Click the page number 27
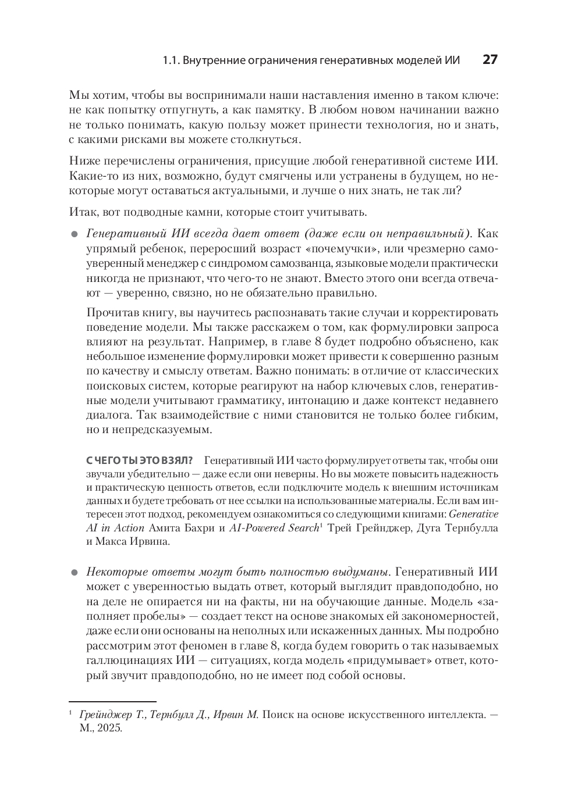pyautogui.click(x=490, y=60)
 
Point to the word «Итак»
pyautogui.click(x=81, y=212)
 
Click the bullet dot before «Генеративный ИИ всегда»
pyautogui.click(x=74, y=235)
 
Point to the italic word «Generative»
pyautogui.click(x=474, y=514)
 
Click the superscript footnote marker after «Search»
pyautogui.click(x=320, y=525)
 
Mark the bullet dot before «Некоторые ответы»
pyautogui.click(x=74, y=573)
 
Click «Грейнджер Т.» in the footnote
pyautogui.click(x=111, y=715)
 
